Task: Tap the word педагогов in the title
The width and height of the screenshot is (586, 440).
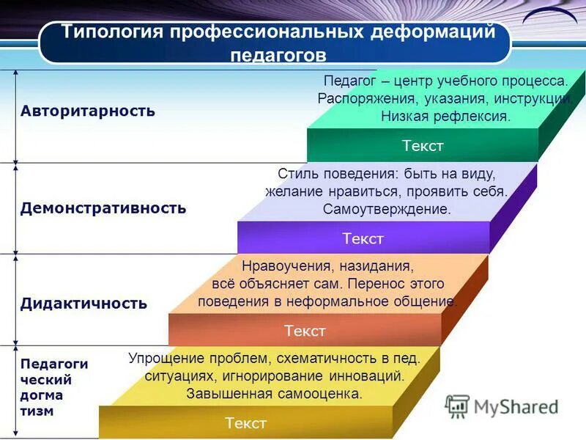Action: (278, 56)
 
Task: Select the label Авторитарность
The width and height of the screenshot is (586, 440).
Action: (88, 111)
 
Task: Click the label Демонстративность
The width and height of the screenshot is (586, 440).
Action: (103, 208)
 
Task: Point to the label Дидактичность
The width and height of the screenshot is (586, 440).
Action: (84, 304)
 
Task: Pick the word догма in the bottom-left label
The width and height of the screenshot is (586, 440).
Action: (42, 396)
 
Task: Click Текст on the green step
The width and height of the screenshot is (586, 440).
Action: (423, 145)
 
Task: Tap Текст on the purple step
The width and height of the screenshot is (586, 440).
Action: (363, 238)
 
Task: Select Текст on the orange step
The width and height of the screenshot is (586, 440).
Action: (305, 331)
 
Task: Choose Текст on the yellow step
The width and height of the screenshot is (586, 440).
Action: (246, 422)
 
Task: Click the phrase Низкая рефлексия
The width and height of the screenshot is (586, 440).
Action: (445, 116)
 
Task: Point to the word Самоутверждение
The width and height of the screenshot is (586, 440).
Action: (387, 209)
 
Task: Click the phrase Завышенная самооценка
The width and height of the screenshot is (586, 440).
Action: (274, 394)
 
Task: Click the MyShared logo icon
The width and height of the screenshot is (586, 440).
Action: (457, 406)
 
